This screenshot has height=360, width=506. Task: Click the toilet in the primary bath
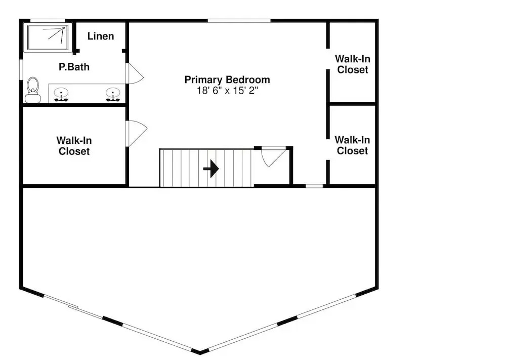click(33, 90)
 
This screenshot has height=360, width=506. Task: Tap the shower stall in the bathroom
click(48, 37)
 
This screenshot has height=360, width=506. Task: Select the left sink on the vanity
click(61, 95)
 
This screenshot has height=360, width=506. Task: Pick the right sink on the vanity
click(113, 95)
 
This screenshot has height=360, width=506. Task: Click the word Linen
click(101, 36)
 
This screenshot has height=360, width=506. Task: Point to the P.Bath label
click(74, 67)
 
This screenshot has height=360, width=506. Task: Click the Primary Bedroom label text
click(227, 79)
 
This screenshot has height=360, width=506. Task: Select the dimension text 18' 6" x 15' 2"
click(228, 91)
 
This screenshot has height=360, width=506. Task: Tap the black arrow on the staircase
click(211, 169)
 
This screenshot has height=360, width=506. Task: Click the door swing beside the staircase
click(273, 156)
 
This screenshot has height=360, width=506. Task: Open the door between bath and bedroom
click(134, 73)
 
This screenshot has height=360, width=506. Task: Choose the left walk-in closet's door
click(137, 133)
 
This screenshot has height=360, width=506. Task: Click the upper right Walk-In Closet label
click(353, 64)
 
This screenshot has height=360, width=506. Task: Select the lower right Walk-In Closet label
click(352, 145)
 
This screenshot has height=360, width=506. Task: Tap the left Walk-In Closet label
click(74, 146)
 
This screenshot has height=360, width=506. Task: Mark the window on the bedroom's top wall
click(239, 21)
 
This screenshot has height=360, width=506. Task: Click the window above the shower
click(48, 21)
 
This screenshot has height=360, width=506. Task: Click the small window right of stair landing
click(314, 186)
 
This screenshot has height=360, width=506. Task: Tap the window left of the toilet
click(21, 69)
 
